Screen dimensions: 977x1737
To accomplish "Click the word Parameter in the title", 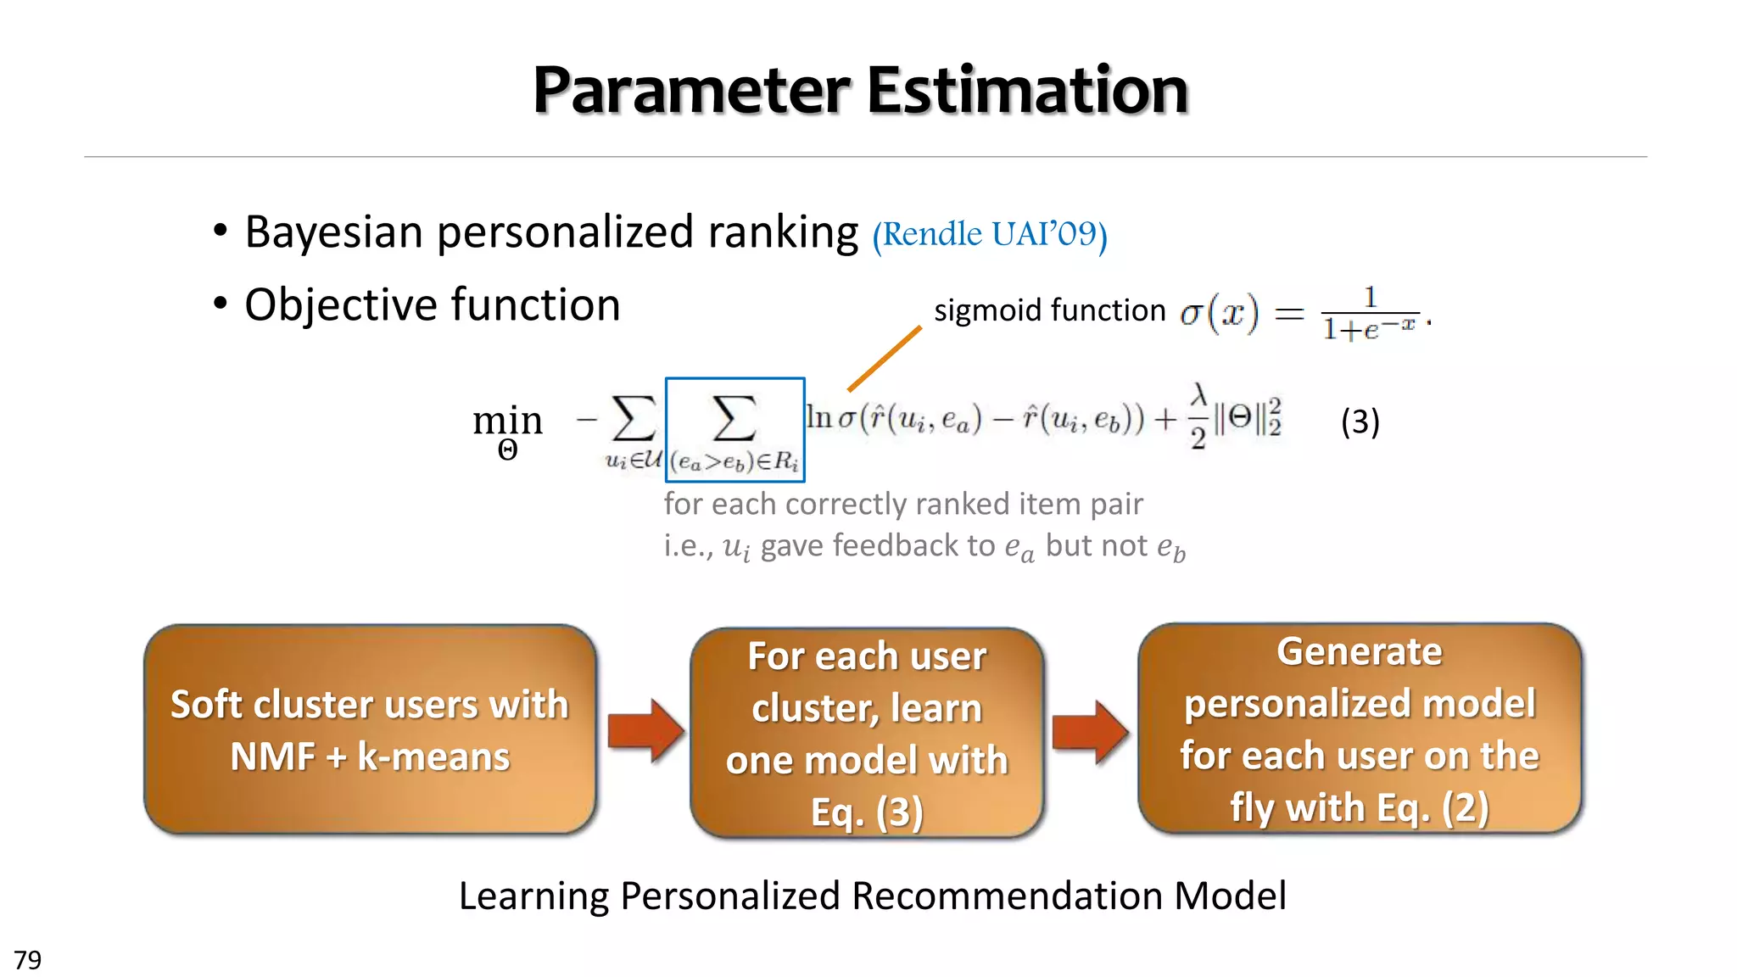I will (x=691, y=91).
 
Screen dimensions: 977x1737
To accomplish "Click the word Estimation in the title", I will (x=1027, y=91).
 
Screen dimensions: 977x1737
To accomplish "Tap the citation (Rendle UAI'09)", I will (x=990, y=234).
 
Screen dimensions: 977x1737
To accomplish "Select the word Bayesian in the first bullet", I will (x=333, y=232).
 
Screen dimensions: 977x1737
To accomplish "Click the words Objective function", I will (x=432, y=305).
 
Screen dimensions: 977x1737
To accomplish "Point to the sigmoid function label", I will (x=1049, y=310).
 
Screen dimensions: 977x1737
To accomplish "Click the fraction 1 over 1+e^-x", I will (x=1369, y=315).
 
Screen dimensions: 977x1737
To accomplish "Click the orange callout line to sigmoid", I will (x=884, y=359).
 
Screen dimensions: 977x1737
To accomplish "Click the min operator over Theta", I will (x=507, y=429).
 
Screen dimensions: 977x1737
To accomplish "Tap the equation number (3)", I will (x=1360, y=422).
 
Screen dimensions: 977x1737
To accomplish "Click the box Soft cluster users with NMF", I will (x=370, y=730).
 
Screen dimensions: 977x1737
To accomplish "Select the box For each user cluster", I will (x=867, y=734).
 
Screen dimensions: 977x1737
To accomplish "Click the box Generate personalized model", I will (x=1359, y=729).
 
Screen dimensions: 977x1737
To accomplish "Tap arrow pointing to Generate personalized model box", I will (x=1090, y=732).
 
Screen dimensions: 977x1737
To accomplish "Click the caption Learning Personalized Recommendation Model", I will (x=872, y=896).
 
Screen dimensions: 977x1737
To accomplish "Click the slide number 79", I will (x=28, y=960).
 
